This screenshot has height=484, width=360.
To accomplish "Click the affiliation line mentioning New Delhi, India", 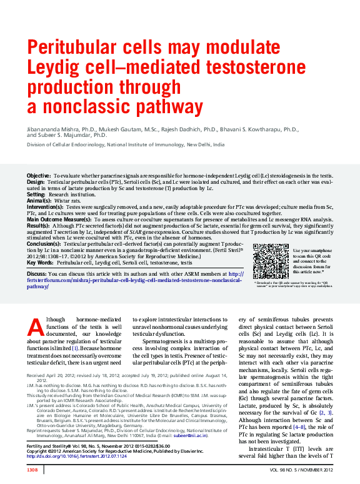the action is point(125,144).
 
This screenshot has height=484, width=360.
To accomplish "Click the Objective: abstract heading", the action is point(38,177).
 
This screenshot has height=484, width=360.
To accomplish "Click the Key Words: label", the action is point(40,263).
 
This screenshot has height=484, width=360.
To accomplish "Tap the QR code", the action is point(270,261).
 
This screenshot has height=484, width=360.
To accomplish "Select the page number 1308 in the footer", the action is point(32,469).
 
